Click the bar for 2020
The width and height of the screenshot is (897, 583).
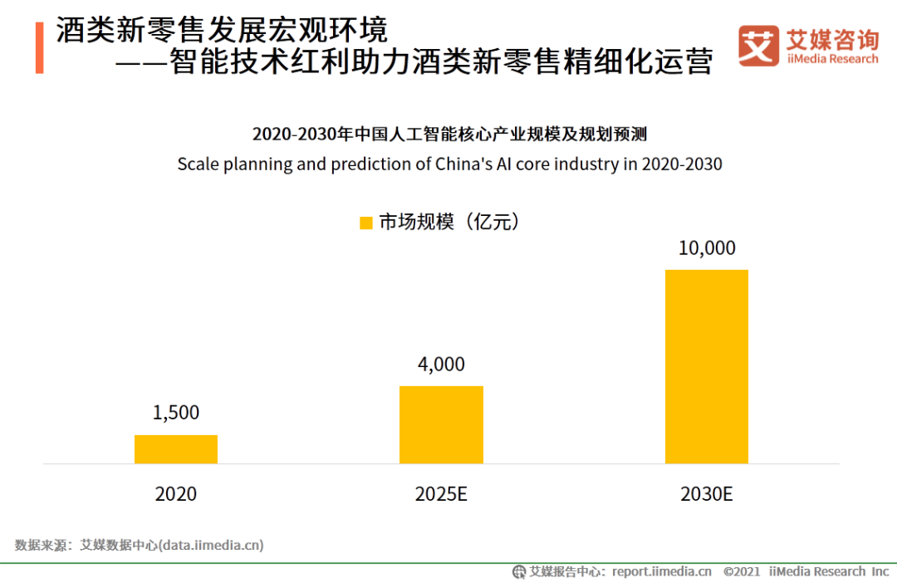(176, 449)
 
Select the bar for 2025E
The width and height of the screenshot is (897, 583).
(441, 424)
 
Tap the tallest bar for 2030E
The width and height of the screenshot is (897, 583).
(707, 366)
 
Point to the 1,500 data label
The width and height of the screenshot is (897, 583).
(176, 413)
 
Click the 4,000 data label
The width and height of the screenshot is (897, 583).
(441, 364)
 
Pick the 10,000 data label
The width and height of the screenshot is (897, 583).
(707, 247)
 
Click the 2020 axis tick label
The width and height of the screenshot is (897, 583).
(176, 494)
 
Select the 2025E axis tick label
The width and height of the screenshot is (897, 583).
(441, 494)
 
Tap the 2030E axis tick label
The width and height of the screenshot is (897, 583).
(707, 494)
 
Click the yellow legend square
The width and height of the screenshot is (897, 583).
(365, 223)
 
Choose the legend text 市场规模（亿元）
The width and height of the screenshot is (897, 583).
(449, 222)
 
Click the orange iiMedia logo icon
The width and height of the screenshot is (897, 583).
(758, 46)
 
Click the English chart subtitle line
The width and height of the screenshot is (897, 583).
(449, 164)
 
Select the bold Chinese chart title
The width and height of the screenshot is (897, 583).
(449, 135)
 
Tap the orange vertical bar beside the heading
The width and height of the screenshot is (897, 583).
(39, 48)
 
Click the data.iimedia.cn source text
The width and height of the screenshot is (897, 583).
(212, 546)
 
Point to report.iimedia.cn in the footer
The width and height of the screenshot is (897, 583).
(661, 571)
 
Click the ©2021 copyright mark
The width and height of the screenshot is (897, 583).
(742, 571)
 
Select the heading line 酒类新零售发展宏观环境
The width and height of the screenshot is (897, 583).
(222, 31)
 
